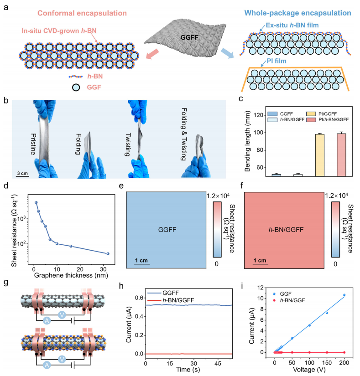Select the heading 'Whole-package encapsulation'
pos(285,14)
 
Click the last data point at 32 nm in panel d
pos(108,253)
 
